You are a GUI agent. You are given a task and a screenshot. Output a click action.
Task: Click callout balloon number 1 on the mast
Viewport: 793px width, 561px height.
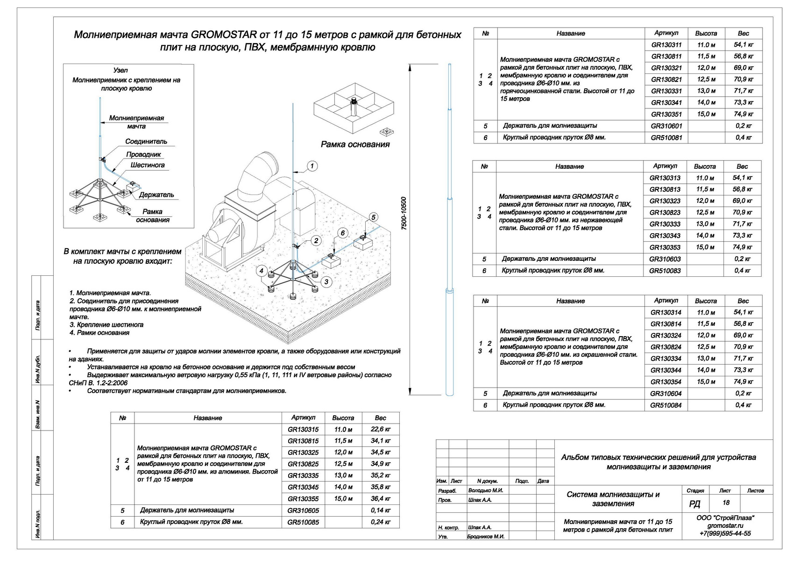pyautogui.click(x=312, y=166)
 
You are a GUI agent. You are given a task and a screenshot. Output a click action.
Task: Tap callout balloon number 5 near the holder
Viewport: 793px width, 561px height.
pyautogui.click(x=373, y=217)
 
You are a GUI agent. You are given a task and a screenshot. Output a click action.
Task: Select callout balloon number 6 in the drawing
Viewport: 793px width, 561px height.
pyautogui.click(x=342, y=233)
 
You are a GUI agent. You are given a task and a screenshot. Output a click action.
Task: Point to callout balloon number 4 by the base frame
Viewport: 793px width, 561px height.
pyautogui.click(x=262, y=271)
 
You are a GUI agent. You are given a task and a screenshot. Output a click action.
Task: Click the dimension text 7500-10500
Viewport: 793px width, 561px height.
pyautogui.click(x=404, y=213)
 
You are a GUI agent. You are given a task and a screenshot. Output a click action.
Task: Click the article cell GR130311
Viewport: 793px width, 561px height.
pyautogui.click(x=666, y=45)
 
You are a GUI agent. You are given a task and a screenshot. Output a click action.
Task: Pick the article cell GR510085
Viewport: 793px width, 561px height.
pyautogui.click(x=303, y=522)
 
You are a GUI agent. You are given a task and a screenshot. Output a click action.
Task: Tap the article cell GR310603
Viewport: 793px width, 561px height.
pyautogui.click(x=665, y=259)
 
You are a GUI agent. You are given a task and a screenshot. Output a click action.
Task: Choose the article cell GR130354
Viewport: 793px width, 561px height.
pyautogui.click(x=666, y=382)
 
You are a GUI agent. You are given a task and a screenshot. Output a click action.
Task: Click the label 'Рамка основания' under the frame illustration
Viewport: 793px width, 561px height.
pyautogui.click(x=355, y=144)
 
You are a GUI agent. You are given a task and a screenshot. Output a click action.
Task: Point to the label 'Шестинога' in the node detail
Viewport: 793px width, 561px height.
pyautogui.click(x=148, y=165)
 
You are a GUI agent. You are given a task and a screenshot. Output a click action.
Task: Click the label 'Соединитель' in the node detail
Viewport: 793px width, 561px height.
pyautogui.click(x=146, y=141)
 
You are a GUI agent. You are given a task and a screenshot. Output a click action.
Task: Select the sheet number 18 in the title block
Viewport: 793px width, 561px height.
pyautogui.click(x=726, y=503)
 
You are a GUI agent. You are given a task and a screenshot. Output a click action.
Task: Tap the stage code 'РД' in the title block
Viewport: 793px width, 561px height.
pyautogui.click(x=694, y=504)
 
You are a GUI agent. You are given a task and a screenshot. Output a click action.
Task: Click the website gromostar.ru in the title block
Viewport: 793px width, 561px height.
pyautogui.click(x=725, y=525)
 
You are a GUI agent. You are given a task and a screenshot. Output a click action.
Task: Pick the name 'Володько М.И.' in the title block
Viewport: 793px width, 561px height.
pyautogui.click(x=486, y=491)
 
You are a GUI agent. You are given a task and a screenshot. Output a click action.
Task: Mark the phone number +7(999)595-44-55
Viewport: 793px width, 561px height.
pyautogui.click(x=725, y=533)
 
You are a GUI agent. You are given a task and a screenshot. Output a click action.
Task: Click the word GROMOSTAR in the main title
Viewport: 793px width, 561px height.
pyautogui.click(x=224, y=35)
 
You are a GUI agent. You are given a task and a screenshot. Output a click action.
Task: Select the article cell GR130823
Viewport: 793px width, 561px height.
pyautogui.click(x=665, y=213)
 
